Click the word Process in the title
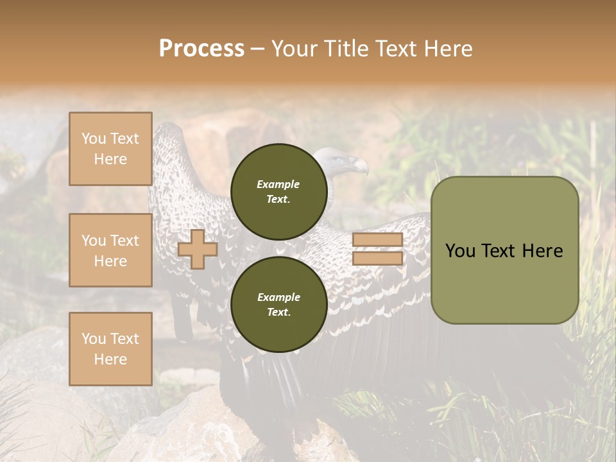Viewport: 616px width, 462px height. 201,49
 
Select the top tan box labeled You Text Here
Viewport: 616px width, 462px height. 110,149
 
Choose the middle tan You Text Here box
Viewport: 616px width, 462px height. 110,250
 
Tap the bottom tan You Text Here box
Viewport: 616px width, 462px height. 110,349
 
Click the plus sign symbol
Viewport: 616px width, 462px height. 198,249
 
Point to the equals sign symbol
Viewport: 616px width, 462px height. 378,249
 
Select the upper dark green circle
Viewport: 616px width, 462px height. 279,191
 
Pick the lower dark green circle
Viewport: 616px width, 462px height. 279,304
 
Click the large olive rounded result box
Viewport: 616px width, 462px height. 504,250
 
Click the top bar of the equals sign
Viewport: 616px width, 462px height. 378,240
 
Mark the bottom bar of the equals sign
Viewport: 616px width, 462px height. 378,259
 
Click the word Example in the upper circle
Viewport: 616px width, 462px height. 278,184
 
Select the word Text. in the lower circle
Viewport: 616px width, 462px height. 279,312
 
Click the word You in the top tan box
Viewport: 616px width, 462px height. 94,139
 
